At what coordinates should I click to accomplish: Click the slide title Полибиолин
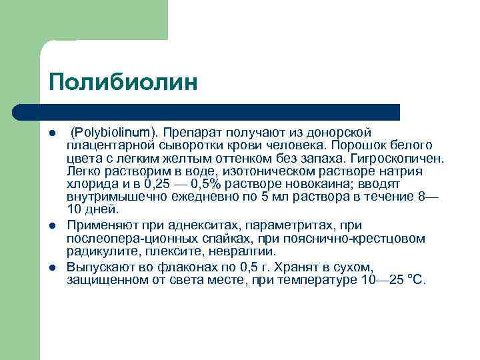[123, 82]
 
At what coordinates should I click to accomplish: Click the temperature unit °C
[415, 280]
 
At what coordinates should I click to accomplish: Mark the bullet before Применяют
[53, 226]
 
